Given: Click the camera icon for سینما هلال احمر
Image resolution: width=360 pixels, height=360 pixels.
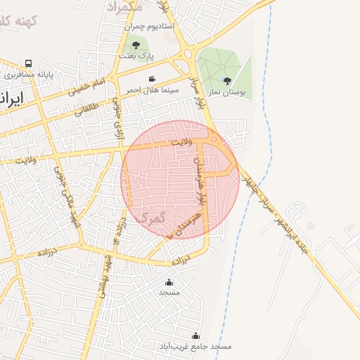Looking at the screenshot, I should [x=152, y=79].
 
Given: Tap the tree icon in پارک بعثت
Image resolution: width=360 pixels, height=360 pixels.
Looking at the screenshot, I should [x=146, y=45].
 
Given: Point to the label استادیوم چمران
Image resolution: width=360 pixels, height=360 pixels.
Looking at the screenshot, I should [x=149, y=26].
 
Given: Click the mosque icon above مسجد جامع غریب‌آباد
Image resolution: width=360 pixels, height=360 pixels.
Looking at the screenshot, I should [x=195, y=336].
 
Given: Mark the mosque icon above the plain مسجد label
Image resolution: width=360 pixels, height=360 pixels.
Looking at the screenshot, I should [x=169, y=281].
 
